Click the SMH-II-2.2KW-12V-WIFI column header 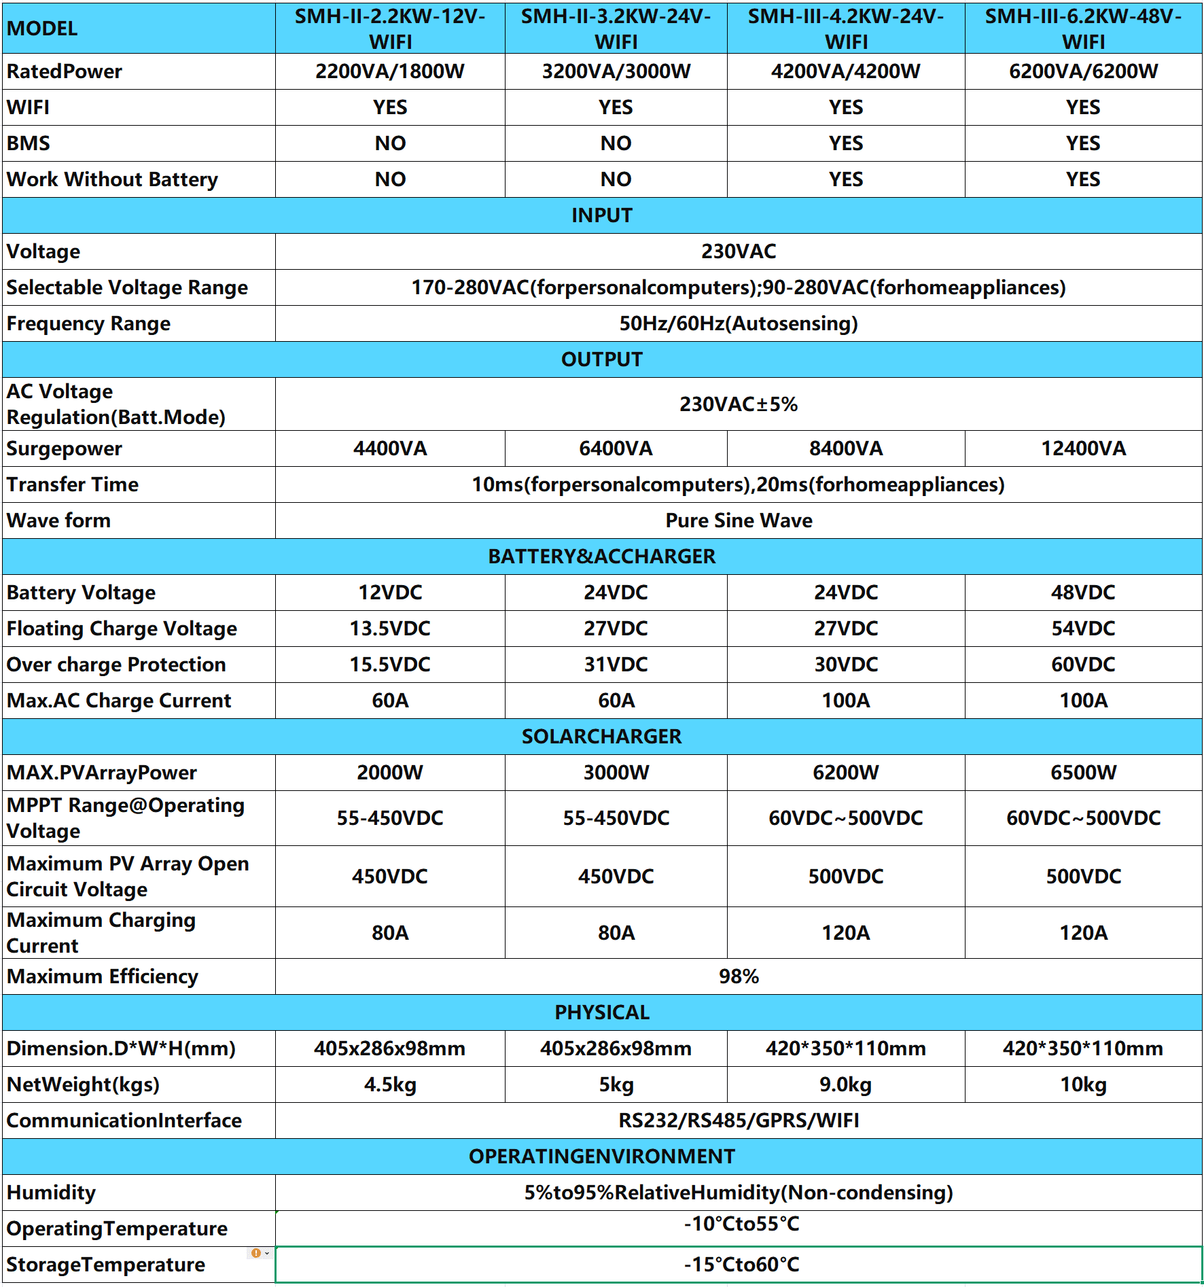390,29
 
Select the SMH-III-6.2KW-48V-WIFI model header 1083,29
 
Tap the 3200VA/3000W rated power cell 616,71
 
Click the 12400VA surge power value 1083,448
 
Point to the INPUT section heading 602,215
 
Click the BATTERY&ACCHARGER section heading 602,557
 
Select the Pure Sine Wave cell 739,521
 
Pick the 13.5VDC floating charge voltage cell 390,629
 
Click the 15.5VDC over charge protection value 390,665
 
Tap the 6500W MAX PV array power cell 1083,773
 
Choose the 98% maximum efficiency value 739,976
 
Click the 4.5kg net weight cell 390,1085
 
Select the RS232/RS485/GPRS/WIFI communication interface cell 739,1121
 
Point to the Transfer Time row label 73,484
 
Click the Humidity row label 52,1193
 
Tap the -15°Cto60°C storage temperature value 741,1265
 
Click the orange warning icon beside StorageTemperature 256,1253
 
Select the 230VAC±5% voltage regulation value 739,404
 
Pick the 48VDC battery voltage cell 1083,593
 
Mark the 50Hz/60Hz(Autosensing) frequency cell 739,323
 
